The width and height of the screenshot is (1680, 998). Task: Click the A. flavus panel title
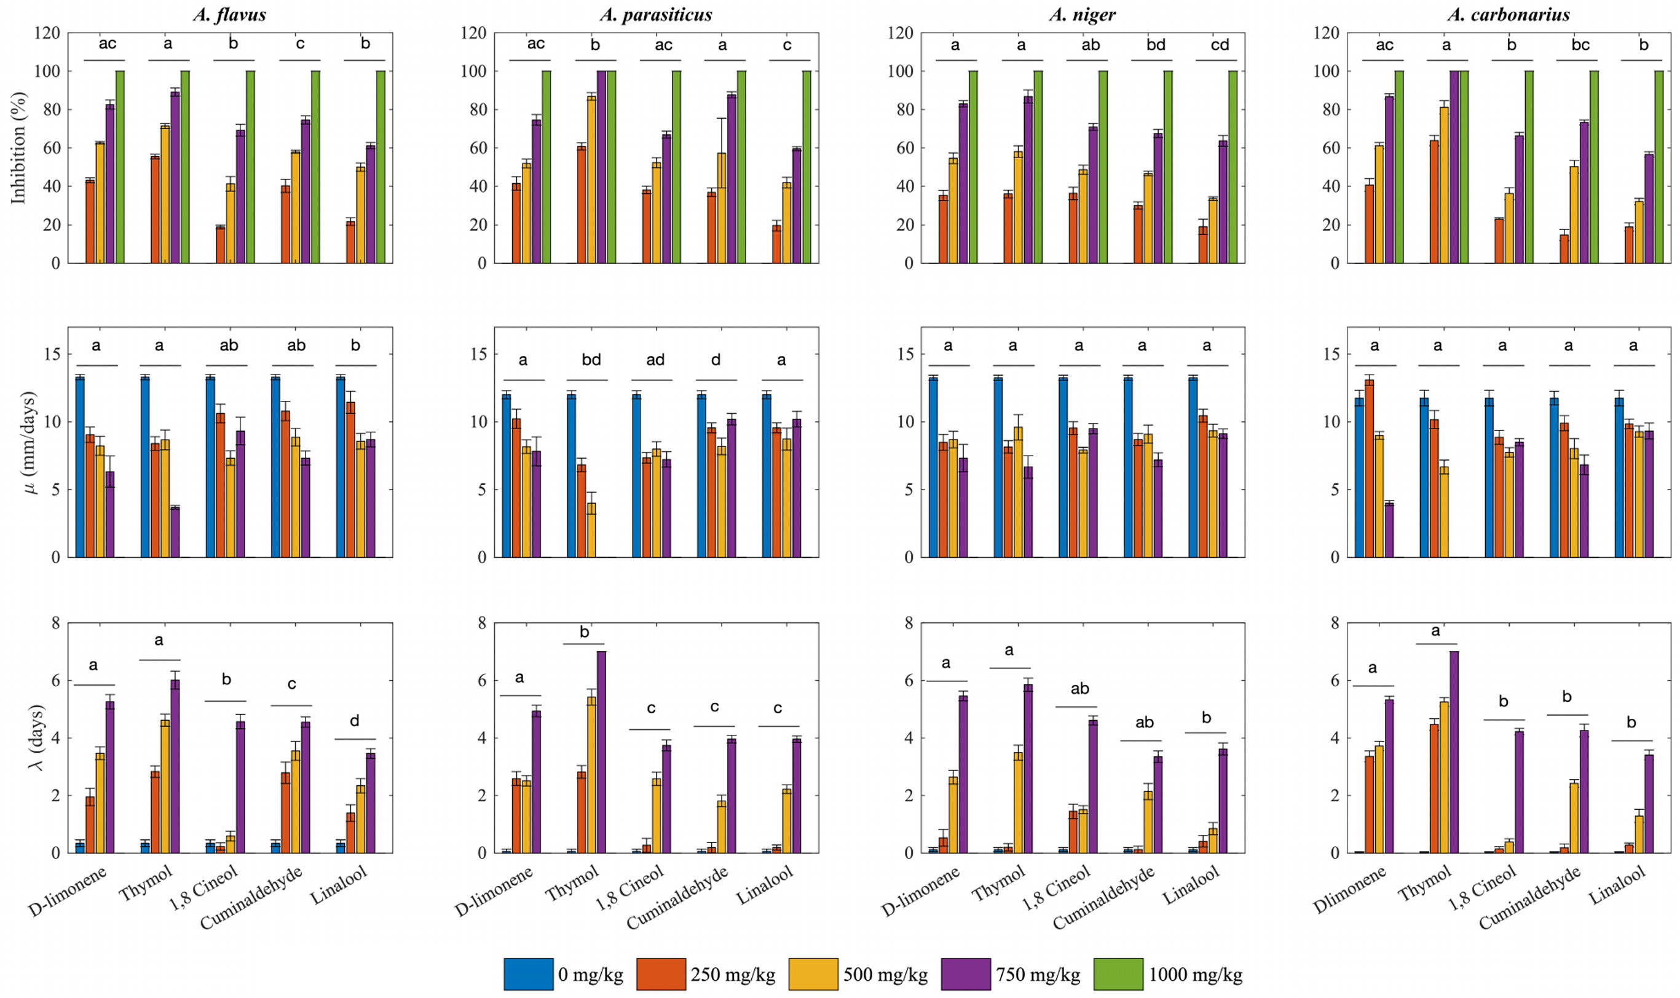229,14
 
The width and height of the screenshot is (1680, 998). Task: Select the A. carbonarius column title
1508,14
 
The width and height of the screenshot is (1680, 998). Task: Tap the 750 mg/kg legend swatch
965,974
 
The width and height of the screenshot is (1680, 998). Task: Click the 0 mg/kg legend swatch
529,974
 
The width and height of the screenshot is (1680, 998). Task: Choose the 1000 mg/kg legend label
1195,975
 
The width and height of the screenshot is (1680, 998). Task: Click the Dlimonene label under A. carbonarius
1350,890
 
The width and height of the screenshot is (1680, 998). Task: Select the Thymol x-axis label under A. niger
999,883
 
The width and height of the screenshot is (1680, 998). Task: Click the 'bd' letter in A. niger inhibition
1156,44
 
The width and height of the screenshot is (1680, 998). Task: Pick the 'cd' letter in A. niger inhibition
1220,44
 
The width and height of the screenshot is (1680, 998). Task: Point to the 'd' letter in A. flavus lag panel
354,721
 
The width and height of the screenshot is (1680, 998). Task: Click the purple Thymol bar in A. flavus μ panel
175,532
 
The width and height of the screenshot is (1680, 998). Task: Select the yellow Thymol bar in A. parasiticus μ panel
591,530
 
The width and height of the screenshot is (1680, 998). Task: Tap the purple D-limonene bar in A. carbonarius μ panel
1389,530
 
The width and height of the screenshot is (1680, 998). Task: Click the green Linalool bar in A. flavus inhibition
381,167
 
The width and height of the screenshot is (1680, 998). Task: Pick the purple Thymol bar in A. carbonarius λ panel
1454,752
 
